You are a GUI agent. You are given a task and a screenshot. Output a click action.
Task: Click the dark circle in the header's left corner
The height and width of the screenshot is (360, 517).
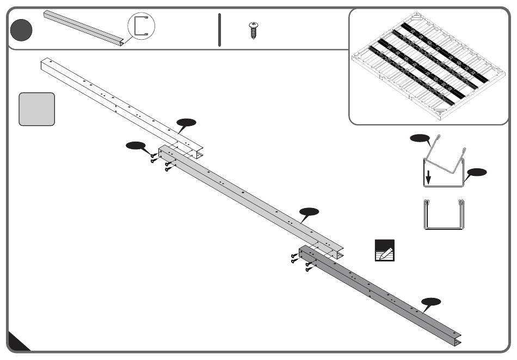tap(21, 29)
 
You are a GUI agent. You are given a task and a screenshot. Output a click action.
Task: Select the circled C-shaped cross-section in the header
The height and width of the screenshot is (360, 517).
tap(141, 26)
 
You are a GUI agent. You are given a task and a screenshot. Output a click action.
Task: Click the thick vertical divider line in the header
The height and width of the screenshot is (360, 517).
tap(219, 29)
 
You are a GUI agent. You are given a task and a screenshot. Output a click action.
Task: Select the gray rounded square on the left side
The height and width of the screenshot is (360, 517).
tap(37, 109)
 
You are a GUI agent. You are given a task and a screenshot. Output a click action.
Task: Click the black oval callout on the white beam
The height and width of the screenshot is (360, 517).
tap(186, 122)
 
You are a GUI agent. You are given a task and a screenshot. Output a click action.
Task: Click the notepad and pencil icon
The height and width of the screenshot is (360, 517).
tap(385, 249)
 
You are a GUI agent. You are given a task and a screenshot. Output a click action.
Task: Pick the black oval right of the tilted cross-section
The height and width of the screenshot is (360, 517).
tap(477, 173)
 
